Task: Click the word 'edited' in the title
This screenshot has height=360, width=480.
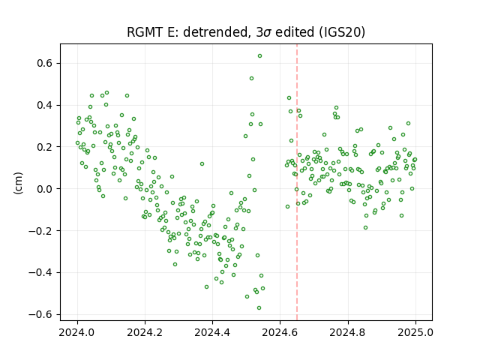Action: (295, 32)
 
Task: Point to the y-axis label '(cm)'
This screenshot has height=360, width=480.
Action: (18, 183)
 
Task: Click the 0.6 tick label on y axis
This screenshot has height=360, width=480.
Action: (45, 63)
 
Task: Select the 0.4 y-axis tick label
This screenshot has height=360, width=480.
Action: (45, 105)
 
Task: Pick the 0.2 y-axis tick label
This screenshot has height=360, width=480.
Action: (45, 147)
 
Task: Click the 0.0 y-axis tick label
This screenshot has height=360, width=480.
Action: (45, 189)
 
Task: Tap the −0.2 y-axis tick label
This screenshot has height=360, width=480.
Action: (40, 231)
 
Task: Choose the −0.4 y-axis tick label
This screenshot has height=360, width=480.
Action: (40, 272)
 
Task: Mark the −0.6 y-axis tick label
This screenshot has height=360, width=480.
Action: (40, 314)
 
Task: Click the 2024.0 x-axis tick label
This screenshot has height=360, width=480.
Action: (77, 332)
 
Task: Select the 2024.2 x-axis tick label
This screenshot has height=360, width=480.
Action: (145, 332)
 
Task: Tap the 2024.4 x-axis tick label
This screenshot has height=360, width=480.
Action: (212, 332)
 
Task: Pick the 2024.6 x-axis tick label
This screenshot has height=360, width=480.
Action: (280, 332)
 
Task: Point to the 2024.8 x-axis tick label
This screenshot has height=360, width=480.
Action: (348, 332)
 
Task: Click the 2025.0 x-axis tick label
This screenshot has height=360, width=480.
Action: (415, 332)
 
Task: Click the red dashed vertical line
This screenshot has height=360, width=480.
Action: (297, 182)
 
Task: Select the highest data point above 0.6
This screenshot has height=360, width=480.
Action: (259, 56)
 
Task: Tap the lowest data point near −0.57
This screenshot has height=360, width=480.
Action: (259, 308)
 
